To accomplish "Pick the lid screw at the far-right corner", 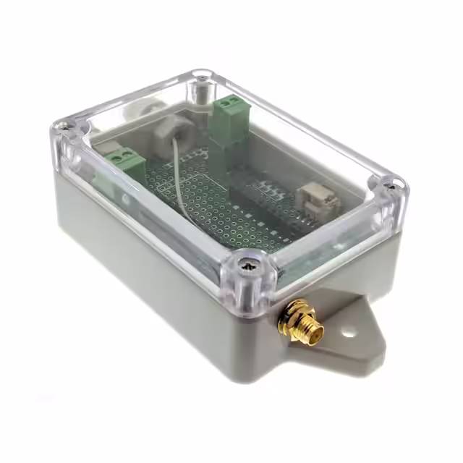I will pos(391,185).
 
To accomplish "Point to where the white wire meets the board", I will pos(179,205).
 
